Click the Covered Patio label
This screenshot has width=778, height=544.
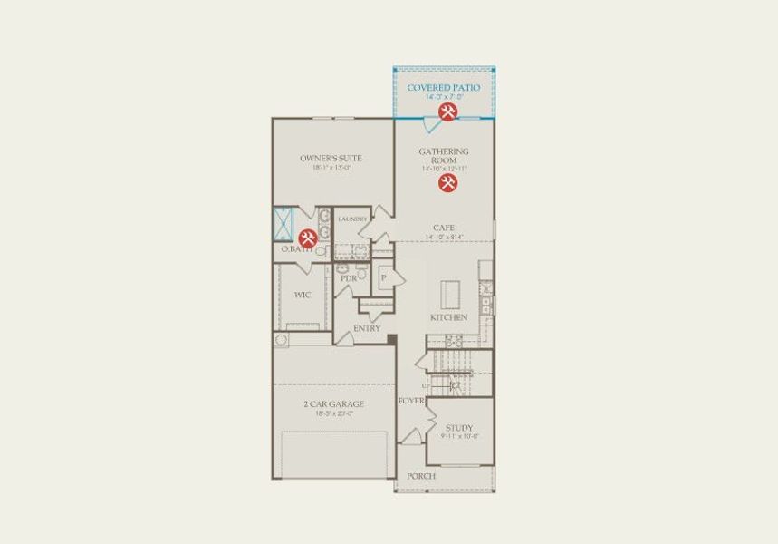[444, 88]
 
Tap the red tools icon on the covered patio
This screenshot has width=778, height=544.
[447, 112]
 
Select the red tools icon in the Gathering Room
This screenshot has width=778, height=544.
[447, 183]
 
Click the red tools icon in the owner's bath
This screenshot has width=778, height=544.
[308, 238]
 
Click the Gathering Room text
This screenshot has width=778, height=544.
[444, 155]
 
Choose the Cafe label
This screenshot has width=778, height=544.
[443, 228]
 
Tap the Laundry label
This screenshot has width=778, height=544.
[352, 219]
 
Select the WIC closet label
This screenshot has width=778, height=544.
[303, 295]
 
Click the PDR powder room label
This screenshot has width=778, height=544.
[348, 278]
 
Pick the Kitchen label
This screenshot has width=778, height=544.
[448, 318]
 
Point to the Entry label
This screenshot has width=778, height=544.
[367, 328]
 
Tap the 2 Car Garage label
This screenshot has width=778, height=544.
[333, 404]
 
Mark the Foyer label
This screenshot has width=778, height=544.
[410, 399]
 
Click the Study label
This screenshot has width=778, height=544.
[459, 428]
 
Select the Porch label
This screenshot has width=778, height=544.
[421, 476]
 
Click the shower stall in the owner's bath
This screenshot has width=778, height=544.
[284, 223]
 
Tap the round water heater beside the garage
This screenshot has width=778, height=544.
[280, 340]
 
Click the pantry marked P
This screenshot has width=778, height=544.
[384, 277]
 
